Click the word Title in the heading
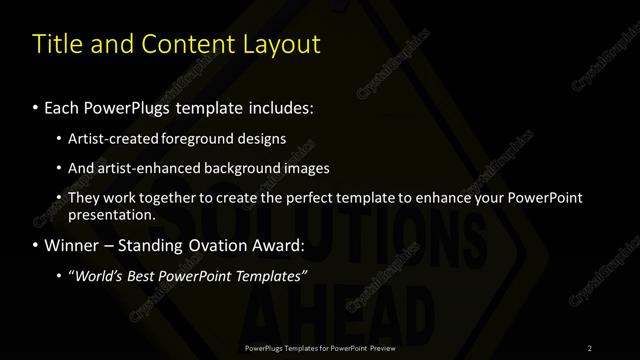57,44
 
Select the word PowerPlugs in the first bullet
129,107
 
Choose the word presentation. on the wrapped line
112,214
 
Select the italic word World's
98,275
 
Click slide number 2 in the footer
590,347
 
